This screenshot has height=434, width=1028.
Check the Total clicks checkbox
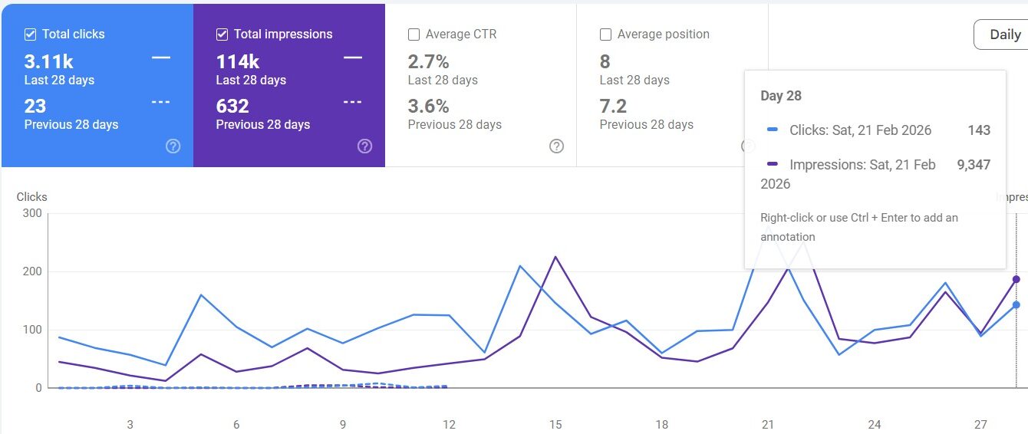coord(30,35)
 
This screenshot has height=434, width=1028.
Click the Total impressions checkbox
coord(222,35)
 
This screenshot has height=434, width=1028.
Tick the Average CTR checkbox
coord(414,35)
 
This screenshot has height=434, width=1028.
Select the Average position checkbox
coord(605,35)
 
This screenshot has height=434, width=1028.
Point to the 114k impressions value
coord(237,61)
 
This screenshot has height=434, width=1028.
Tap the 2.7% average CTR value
coord(428,61)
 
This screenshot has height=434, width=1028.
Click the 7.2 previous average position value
coord(613,106)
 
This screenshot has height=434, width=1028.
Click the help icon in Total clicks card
coord(173,146)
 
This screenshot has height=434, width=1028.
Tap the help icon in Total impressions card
coord(365,146)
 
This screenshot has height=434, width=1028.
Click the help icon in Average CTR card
coord(557,146)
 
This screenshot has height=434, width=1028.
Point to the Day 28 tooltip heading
coord(781,96)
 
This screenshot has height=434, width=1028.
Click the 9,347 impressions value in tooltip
coord(974,165)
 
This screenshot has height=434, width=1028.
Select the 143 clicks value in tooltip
coord(979,130)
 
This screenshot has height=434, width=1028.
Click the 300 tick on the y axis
coord(31,213)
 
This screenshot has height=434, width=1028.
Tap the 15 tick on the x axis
coord(555,424)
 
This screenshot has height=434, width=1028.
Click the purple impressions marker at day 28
coord(1016,279)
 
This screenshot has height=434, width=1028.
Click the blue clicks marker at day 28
coord(1016,304)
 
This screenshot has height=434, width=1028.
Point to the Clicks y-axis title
coord(31,197)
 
